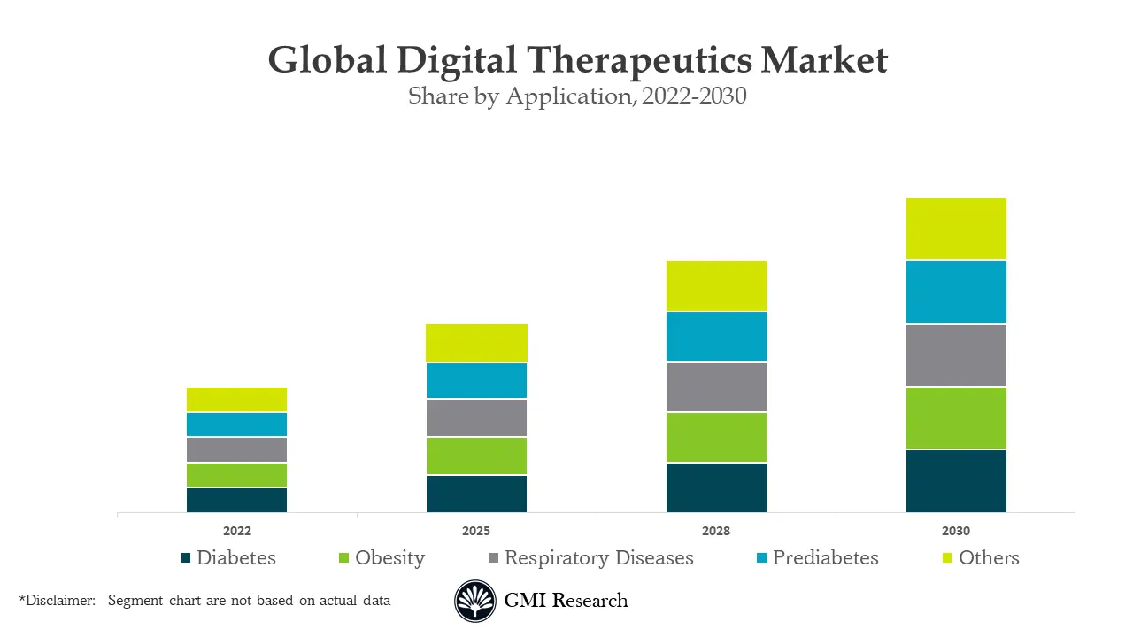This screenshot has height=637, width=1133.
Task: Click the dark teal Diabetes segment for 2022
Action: point(236,500)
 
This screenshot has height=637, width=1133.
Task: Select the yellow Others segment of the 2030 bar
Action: point(956,228)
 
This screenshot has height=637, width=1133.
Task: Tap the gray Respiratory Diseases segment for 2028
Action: point(716,387)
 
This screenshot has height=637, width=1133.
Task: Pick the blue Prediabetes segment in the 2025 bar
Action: point(476,380)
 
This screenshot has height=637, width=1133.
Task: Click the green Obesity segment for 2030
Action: point(956,418)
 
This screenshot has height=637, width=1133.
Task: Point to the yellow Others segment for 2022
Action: point(236,399)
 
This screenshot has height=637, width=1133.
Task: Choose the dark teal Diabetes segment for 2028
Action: point(716,487)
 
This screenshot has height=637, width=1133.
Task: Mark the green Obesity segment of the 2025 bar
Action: point(476,456)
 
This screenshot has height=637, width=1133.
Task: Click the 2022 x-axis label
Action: point(236,532)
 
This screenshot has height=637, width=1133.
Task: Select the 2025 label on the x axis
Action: point(476,532)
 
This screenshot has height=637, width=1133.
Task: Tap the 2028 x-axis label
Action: point(716,532)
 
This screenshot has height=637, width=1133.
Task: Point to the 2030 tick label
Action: point(956,532)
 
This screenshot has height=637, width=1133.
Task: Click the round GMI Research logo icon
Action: point(475,602)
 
